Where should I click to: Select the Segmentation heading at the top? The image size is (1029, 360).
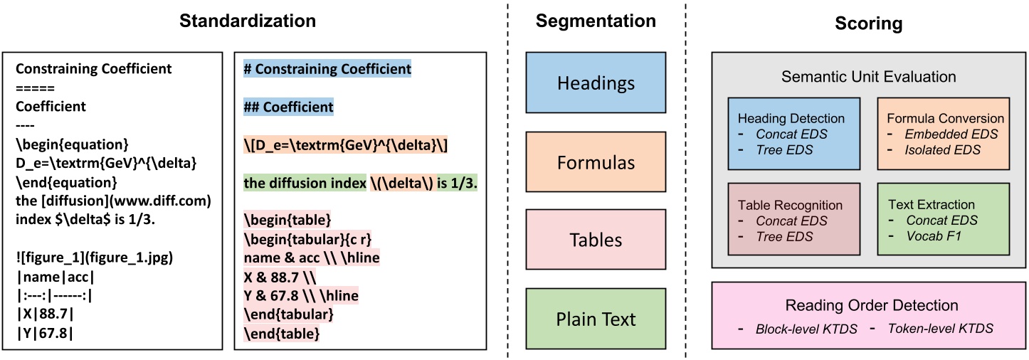pos(595,21)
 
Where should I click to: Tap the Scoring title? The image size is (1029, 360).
pos(867,23)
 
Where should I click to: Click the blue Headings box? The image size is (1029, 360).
pos(595,83)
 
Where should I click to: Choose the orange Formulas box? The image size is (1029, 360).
pos(595,162)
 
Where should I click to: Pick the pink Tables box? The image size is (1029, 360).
pos(595,240)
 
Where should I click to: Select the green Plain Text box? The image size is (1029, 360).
pos(595,318)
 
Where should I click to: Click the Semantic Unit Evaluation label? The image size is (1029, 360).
pos(867,75)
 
